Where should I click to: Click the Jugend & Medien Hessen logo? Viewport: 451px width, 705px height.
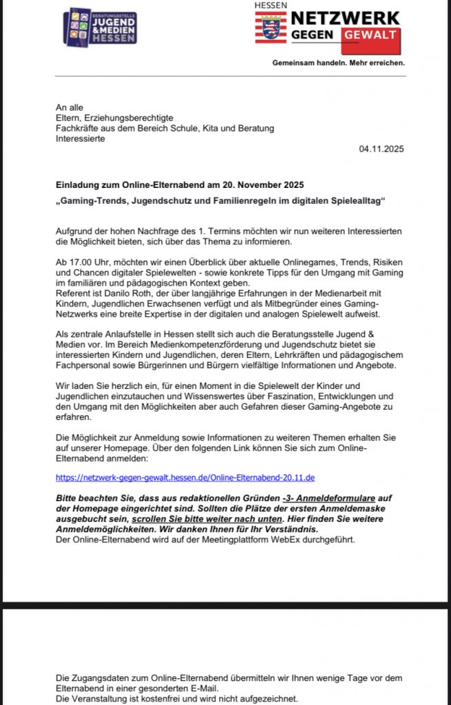(100, 27)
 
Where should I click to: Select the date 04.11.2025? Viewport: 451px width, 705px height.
(382, 149)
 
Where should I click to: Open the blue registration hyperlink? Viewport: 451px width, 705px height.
(185, 477)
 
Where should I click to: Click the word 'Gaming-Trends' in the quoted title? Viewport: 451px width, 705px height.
(94, 200)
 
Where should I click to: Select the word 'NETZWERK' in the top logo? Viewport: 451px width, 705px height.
(345, 18)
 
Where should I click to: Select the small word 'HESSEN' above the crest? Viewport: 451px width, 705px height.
(271, 5)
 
